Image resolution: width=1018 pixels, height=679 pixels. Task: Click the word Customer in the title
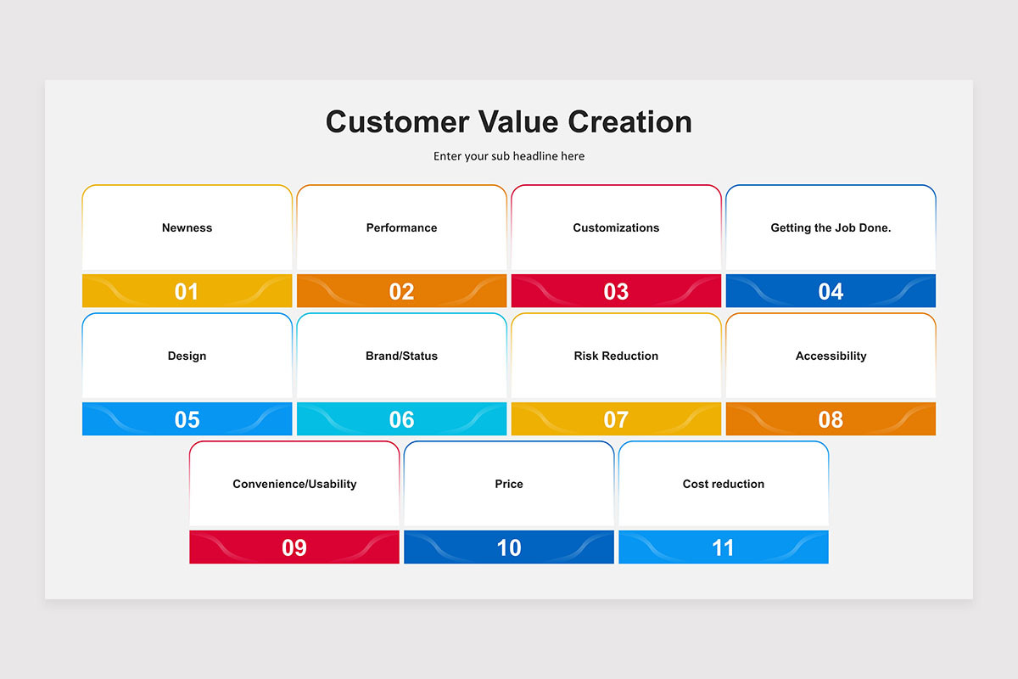tap(398, 122)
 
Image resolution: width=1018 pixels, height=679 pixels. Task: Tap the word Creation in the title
tap(629, 122)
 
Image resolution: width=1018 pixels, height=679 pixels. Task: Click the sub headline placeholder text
tap(509, 156)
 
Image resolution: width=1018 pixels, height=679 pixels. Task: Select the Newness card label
tap(187, 227)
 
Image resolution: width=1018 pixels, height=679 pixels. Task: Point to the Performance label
tap(402, 227)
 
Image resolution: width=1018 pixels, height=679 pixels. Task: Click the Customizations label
tap(616, 227)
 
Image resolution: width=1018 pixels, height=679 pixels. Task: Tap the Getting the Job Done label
tap(831, 227)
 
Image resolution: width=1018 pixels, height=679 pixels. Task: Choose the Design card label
tap(187, 356)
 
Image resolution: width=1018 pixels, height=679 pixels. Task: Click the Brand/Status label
tap(402, 356)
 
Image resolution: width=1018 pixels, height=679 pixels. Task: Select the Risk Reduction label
tap(616, 356)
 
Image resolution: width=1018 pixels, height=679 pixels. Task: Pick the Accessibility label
tap(831, 356)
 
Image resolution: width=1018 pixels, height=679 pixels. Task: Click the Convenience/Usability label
tap(294, 484)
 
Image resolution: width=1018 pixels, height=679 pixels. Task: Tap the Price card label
tap(509, 484)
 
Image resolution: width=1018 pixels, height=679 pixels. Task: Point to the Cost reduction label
tap(724, 484)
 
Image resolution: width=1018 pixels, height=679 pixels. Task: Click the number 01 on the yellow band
tap(187, 291)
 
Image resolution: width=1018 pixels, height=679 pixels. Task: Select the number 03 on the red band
tap(616, 291)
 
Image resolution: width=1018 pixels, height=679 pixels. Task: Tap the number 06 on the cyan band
tap(402, 420)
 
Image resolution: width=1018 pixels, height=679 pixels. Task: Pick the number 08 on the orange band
tap(831, 420)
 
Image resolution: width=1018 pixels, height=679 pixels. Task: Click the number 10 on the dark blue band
tap(509, 547)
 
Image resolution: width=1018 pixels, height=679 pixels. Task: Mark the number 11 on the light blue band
tap(723, 547)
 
